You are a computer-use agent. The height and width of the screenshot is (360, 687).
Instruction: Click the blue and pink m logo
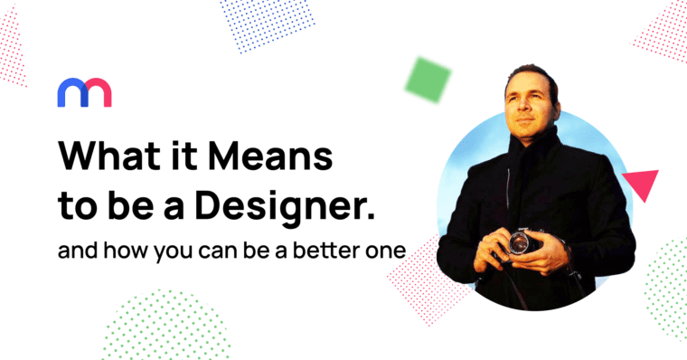(84, 92)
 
